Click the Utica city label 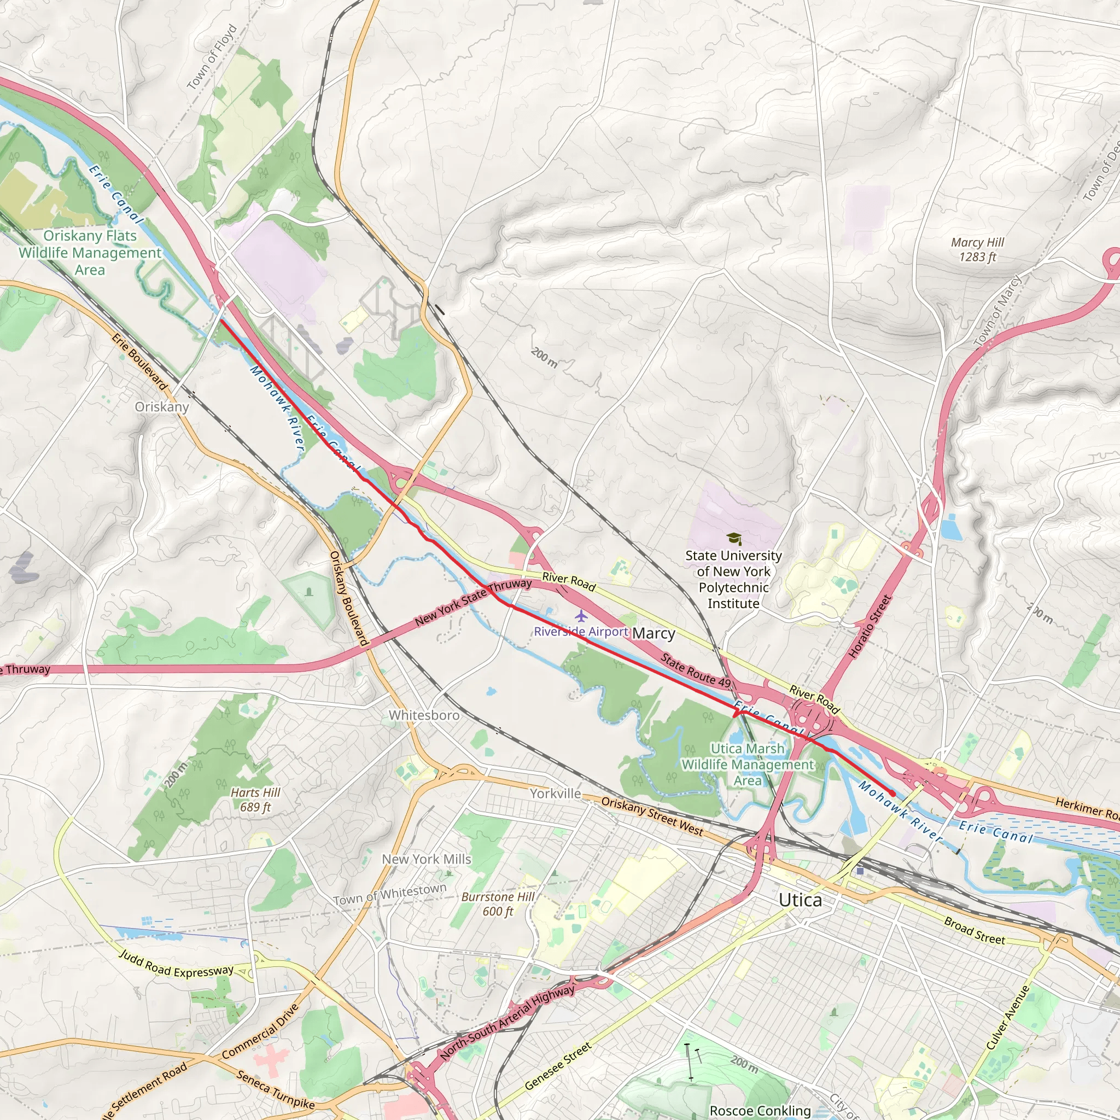tap(800, 900)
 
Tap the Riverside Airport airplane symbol tap(581, 615)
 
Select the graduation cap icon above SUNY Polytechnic tap(734, 539)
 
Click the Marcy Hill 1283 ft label tap(977, 249)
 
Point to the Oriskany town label tap(162, 406)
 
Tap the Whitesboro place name tap(424, 715)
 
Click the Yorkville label tap(556, 793)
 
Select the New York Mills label tap(426, 859)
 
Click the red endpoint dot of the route tap(892, 794)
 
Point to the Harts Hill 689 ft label tap(255, 799)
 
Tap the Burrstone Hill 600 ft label tap(498, 903)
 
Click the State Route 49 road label tap(696, 670)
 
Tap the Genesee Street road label tap(558, 1065)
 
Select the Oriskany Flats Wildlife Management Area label tap(90, 252)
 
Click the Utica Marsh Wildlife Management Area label tap(747, 764)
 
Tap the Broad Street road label tap(974, 930)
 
